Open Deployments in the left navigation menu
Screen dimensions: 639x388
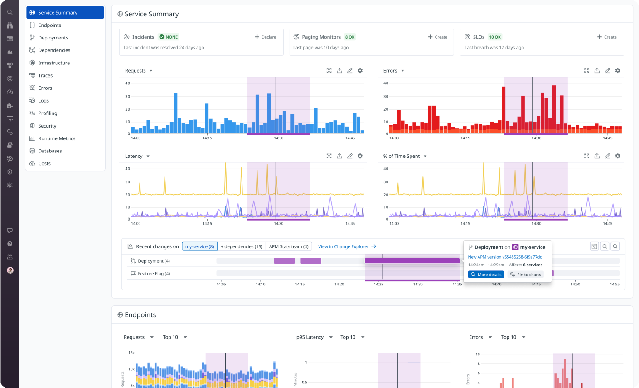pyautogui.click(x=53, y=37)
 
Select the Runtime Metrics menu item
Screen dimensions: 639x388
pyautogui.click(x=57, y=138)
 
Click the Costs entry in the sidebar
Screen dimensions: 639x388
pyautogui.click(x=44, y=163)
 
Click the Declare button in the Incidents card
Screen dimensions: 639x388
pyautogui.click(x=265, y=37)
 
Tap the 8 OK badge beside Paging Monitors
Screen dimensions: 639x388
pyautogui.click(x=350, y=37)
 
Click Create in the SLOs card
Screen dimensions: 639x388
pyautogui.click(x=607, y=37)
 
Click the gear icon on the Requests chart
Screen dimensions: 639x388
pyautogui.click(x=360, y=71)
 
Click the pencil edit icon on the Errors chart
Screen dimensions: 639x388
pyautogui.click(x=607, y=71)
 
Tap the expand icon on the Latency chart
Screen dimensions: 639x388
pyautogui.click(x=329, y=156)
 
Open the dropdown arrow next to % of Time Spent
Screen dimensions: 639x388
pyautogui.click(x=425, y=156)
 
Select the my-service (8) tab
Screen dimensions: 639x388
pyautogui.click(x=200, y=246)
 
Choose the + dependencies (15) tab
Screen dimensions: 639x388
pyautogui.click(x=242, y=246)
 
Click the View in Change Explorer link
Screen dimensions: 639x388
pyautogui.click(x=347, y=246)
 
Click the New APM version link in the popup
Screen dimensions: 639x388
pyautogui.click(x=505, y=257)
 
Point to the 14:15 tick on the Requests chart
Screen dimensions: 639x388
pyautogui.click(x=207, y=138)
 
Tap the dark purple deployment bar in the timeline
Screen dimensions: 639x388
pyautogui.click(x=412, y=260)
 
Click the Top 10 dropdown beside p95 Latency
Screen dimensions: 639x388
pyautogui.click(x=352, y=337)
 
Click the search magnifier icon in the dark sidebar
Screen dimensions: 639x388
pyautogui.click(x=10, y=12)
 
